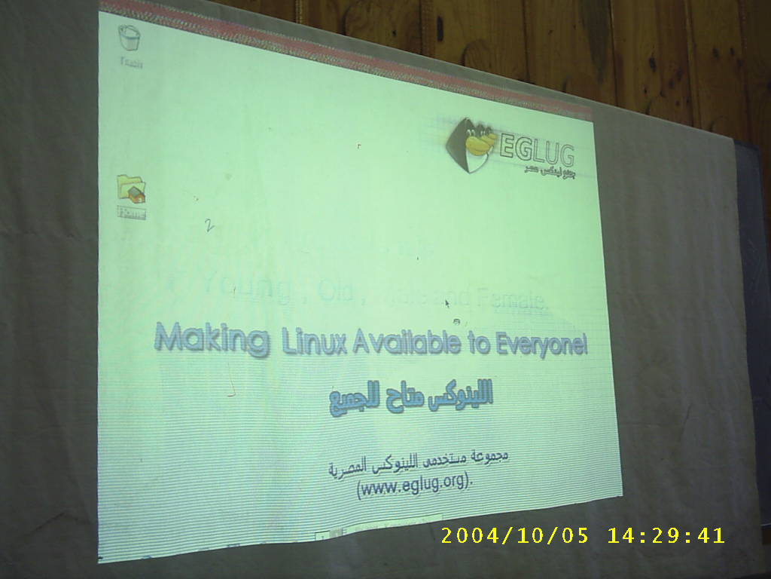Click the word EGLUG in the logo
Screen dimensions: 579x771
click(x=537, y=150)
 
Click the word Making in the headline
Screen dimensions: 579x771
click(x=212, y=339)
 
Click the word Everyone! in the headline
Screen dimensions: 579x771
click(x=541, y=345)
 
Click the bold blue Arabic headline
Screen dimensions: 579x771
click(x=411, y=397)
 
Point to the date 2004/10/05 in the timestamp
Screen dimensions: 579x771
click(x=515, y=536)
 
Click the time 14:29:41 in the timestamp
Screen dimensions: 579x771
click(x=666, y=536)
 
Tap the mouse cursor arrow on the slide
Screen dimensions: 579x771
click(x=447, y=304)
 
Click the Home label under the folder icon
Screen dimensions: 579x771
click(x=131, y=213)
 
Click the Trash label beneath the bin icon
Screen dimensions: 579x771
click(x=131, y=63)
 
